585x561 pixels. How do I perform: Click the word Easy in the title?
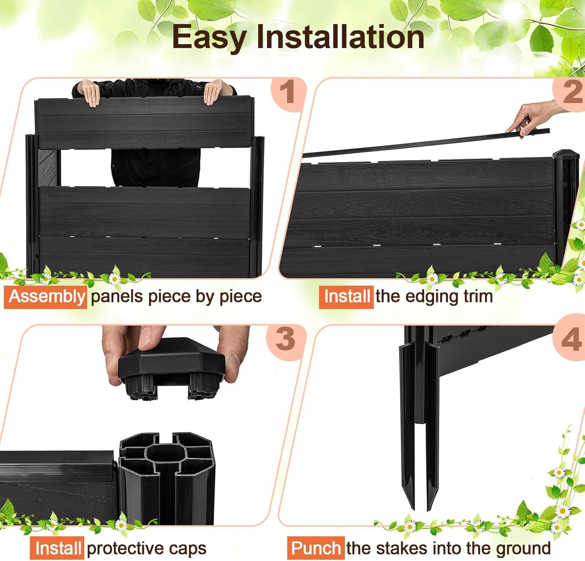tap(209, 37)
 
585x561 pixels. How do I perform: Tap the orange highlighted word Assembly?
tap(46, 297)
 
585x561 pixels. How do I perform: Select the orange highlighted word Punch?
tap(316, 548)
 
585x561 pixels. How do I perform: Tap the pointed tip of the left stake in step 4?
tap(412, 509)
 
